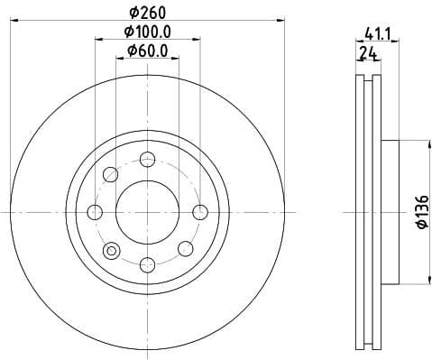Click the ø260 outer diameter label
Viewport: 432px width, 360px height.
point(148,13)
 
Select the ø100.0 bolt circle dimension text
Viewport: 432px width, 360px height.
point(148,32)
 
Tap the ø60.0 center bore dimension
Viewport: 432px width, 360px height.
point(148,51)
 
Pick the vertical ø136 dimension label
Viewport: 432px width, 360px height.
point(419,212)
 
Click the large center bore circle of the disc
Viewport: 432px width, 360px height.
point(148,211)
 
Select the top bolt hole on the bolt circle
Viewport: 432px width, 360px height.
point(148,160)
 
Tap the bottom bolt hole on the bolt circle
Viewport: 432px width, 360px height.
point(148,263)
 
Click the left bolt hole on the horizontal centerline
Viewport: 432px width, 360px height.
point(96,212)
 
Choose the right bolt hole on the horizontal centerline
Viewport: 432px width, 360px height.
point(200,212)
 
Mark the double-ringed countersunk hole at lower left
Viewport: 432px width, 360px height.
point(112,250)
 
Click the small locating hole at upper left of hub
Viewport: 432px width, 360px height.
point(111,174)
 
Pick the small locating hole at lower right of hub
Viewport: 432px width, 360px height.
point(185,248)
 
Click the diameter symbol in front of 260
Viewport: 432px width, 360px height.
point(133,13)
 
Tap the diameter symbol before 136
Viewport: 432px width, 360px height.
point(419,226)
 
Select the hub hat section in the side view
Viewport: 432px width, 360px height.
point(390,212)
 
